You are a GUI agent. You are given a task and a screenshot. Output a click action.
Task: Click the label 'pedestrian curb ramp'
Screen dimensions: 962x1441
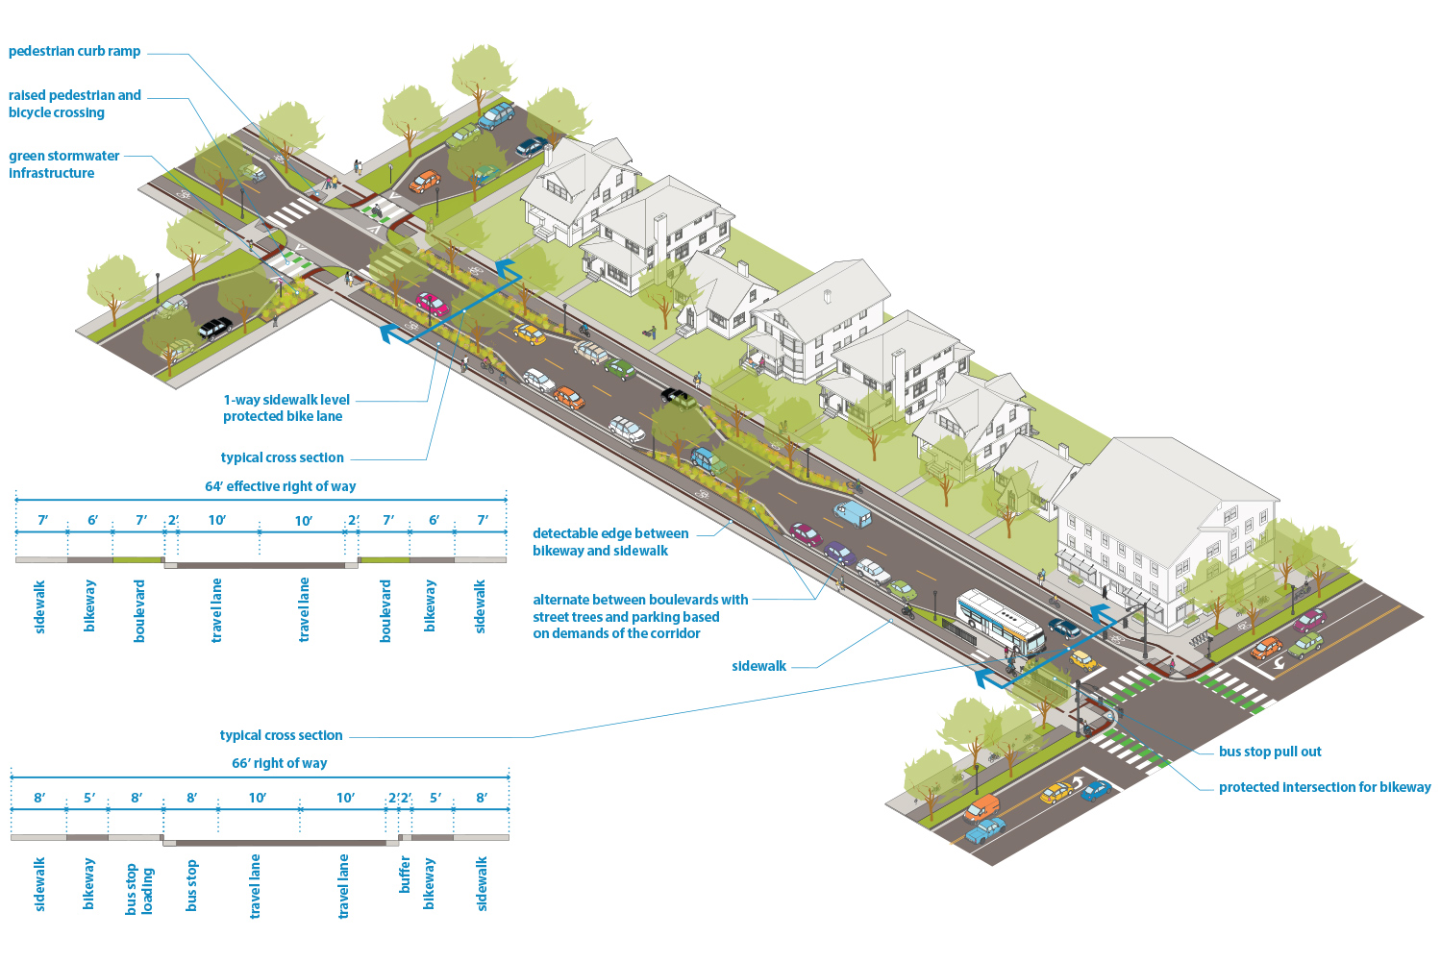[x=74, y=52]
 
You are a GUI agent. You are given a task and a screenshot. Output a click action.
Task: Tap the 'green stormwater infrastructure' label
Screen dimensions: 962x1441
[x=63, y=164]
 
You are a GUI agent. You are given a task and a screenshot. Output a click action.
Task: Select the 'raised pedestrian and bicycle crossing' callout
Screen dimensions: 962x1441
[x=74, y=104]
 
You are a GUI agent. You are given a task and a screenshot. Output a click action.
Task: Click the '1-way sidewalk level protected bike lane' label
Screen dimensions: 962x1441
[x=286, y=408]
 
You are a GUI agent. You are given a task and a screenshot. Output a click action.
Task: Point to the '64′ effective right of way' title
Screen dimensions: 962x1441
[x=280, y=486]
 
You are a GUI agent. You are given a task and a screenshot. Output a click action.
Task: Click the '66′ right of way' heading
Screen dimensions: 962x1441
[x=279, y=763]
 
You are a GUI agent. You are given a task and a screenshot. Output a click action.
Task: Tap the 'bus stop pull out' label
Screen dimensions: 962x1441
[x=1269, y=752]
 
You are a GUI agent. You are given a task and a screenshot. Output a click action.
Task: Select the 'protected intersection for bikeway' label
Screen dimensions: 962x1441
[x=1324, y=787]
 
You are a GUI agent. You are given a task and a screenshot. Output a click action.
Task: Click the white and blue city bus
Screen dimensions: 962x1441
[x=1000, y=622]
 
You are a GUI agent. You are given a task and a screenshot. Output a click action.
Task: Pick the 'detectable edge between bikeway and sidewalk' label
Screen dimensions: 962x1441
[x=609, y=542]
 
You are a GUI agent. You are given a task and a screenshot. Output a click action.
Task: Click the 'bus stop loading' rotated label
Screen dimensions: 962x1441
[x=139, y=890]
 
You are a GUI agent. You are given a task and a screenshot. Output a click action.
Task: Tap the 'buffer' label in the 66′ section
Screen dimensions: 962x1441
[x=405, y=875]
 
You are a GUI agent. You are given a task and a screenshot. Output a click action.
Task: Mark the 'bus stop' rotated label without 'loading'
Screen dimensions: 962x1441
[x=191, y=885]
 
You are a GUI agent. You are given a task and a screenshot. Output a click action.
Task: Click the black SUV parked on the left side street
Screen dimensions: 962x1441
[x=215, y=328]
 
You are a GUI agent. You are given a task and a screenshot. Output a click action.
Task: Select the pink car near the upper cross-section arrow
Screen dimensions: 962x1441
[x=432, y=305]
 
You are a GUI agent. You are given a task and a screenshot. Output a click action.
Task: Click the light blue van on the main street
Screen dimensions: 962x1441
[x=853, y=514]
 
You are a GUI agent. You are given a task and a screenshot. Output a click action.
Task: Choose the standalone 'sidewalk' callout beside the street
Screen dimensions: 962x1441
[x=758, y=666]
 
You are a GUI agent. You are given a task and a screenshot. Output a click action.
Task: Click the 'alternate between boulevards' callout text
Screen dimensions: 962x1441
[x=639, y=616]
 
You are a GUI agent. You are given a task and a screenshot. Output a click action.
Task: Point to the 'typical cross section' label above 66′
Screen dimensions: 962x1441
[x=281, y=735]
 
